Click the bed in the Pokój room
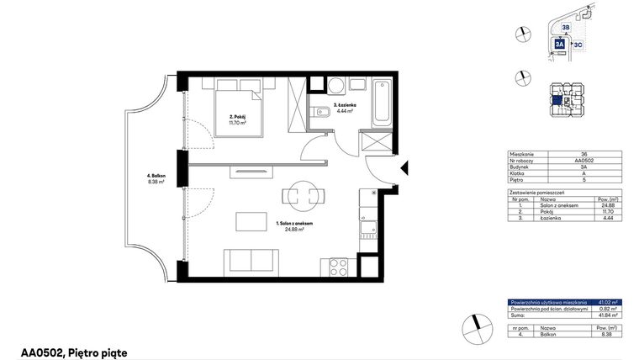237,106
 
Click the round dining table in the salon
300,195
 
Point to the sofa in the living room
251,262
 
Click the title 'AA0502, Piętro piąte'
74,352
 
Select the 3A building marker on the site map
560,45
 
